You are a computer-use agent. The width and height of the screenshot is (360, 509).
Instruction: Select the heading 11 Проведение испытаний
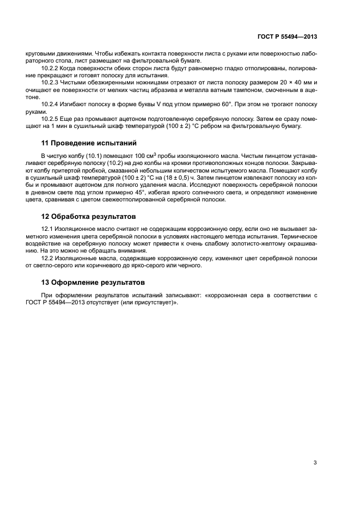click(88, 144)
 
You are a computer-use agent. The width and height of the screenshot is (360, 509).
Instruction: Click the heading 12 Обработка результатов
click(89, 217)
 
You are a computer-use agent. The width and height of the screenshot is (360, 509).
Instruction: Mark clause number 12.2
click(48, 258)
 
